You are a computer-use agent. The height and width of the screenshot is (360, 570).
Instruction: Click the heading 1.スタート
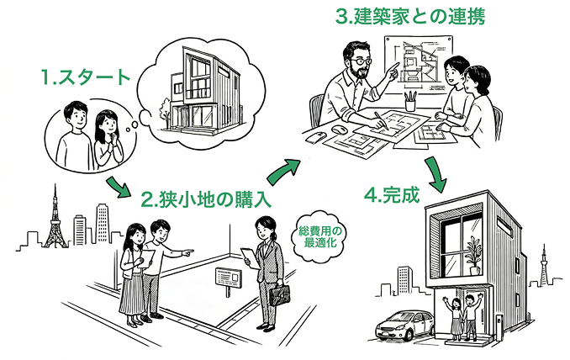coord(87,78)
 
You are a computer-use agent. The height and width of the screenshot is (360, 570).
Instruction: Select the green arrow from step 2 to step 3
coord(283,167)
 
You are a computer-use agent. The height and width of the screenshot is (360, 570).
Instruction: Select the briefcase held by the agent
coord(279,295)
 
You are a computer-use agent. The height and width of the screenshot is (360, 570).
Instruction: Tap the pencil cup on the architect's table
coord(410,101)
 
